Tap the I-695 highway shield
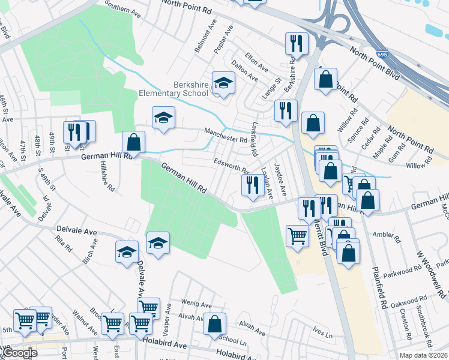pyautogui.click(x=382, y=55)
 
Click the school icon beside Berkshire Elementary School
pyautogui.click(x=223, y=85)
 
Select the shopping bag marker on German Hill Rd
pyautogui.click(x=133, y=143)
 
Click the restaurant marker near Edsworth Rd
pyautogui.click(x=252, y=184)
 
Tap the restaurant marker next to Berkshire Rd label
pyautogui.click(x=297, y=43)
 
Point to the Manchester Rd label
pyautogui.click(x=226, y=139)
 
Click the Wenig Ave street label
pyautogui.click(x=199, y=304)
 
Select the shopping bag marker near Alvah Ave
pyautogui.click(x=214, y=324)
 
